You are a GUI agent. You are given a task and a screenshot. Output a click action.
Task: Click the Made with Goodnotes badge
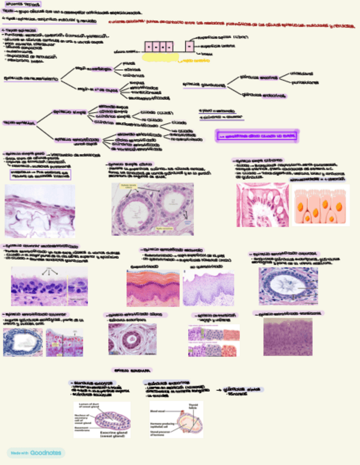click(x=36, y=453)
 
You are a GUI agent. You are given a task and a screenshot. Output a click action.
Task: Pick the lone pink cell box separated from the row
click(x=189, y=46)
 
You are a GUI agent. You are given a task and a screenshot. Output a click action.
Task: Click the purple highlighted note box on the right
click(x=257, y=136)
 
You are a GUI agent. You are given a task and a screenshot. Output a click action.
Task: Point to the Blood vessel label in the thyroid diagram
click(x=156, y=407)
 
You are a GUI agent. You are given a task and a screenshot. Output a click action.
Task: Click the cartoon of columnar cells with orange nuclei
click(x=320, y=205)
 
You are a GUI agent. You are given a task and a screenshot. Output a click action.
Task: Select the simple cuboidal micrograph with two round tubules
click(x=152, y=209)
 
